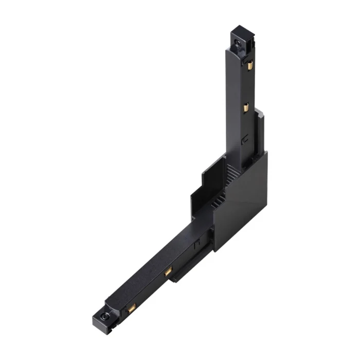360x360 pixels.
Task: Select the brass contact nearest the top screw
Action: tap(249, 65)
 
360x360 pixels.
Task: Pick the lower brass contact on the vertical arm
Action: tap(246, 107)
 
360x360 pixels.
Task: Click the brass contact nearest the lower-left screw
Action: tap(131, 308)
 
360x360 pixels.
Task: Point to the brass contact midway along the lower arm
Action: tap(169, 272)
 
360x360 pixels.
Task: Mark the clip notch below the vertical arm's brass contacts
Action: tap(246, 139)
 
